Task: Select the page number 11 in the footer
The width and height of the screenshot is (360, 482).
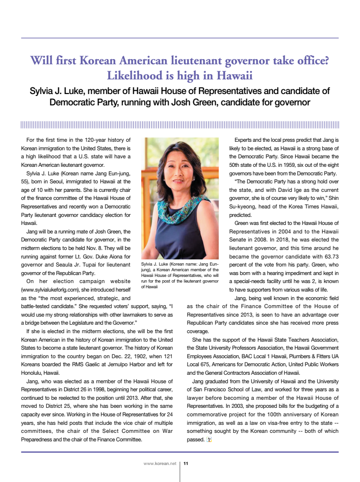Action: [186, 464]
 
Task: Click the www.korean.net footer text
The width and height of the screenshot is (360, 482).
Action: [160, 464]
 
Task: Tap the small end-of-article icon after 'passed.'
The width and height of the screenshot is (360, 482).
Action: [209, 440]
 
